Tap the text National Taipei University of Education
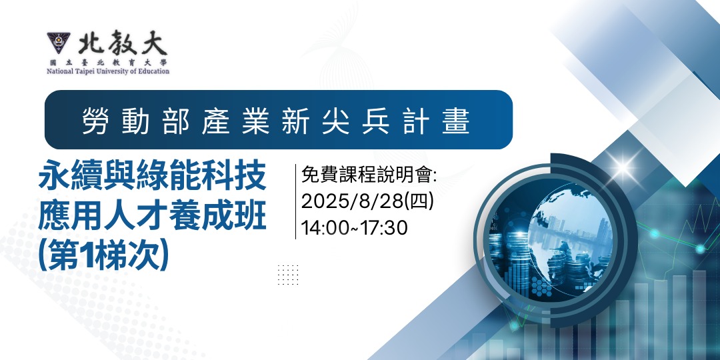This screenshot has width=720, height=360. [x=108, y=71]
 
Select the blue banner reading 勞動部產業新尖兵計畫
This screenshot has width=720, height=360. [x=278, y=120]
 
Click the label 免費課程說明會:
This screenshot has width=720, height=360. [x=369, y=175]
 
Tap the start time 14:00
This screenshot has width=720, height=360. [x=323, y=227]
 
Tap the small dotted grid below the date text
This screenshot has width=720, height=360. [x=288, y=275]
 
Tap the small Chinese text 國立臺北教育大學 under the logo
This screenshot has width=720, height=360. [x=108, y=62]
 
